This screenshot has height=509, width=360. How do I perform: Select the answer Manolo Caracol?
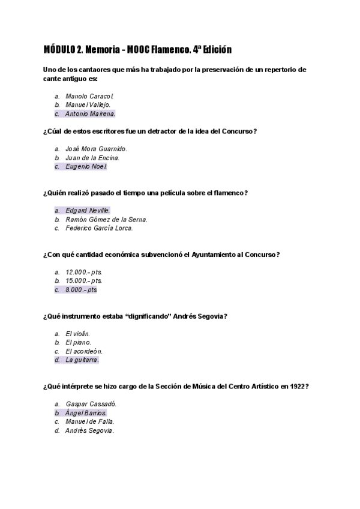tap(89, 95)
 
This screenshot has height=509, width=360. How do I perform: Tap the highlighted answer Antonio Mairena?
tap(90, 113)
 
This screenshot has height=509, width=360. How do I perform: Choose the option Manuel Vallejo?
tap(88, 104)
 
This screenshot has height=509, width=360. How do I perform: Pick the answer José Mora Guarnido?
tap(96, 149)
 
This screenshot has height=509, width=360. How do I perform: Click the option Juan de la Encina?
tap(92, 158)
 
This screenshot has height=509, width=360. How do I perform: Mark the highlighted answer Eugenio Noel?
tap(86, 167)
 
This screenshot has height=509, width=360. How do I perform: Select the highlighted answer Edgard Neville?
tap(88, 211)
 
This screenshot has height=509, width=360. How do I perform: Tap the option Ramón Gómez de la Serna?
tap(106, 220)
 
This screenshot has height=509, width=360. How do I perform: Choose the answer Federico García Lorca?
tap(99, 228)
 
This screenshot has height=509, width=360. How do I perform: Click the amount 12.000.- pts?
tap(83, 272)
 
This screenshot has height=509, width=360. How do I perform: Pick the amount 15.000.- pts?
tap(83, 281)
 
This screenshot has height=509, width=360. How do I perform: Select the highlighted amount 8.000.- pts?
tap(81, 290)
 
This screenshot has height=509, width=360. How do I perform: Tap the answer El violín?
tap(78, 334)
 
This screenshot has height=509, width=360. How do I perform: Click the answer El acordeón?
tap(84, 351)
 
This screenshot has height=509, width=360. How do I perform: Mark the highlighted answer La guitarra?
tap(82, 360)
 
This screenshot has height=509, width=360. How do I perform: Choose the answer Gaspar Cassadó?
tap(91, 404)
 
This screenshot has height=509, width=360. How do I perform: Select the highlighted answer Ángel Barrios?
tap(86, 413)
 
